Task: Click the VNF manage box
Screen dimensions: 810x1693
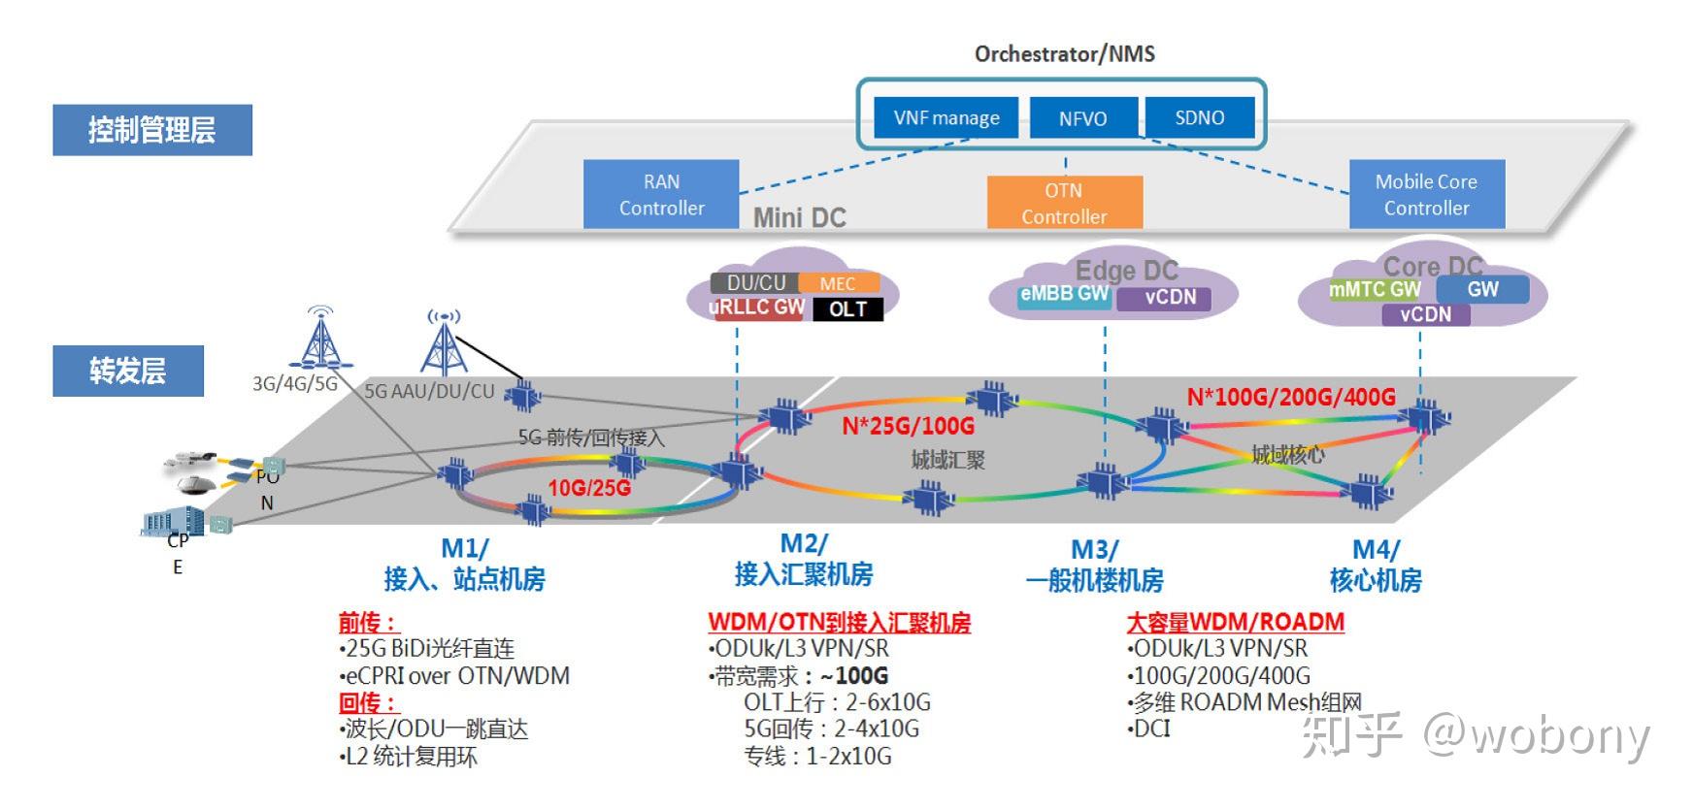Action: point(946,118)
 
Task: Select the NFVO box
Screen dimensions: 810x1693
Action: point(1082,118)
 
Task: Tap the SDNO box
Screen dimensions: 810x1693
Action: point(1200,117)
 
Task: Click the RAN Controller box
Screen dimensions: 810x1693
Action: point(661,194)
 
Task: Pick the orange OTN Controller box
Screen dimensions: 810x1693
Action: point(1064,203)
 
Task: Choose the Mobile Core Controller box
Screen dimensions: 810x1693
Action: point(1426,194)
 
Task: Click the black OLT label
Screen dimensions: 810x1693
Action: point(847,309)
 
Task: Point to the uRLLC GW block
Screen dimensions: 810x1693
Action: point(758,308)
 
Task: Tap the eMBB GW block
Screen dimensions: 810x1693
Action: point(1064,294)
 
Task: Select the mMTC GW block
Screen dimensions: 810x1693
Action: point(1374,289)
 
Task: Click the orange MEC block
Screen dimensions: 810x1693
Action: point(838,283)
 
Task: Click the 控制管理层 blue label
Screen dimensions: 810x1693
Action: point(152,130)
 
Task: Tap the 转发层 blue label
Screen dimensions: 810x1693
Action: point(128,371)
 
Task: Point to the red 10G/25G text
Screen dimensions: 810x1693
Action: point(589,488)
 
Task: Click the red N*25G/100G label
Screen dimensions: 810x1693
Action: point(908,426)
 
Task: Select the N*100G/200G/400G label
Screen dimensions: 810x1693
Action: point(1291,397)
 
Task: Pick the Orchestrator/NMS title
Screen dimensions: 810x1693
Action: point(1064,54)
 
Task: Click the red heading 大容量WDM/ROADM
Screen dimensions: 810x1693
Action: point(1235,622)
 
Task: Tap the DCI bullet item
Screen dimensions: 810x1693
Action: point(1151,729)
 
